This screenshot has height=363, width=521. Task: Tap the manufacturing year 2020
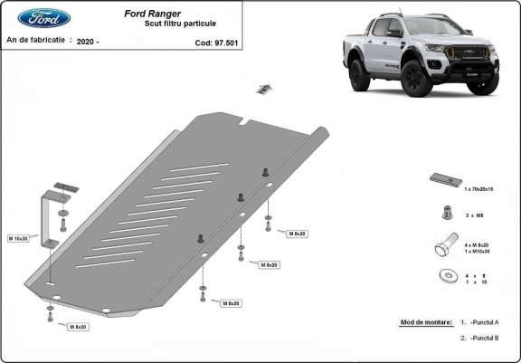[x=87, y=42]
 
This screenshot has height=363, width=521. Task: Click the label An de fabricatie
[x=37, y=41]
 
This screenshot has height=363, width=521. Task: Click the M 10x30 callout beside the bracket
[x=19, y=238]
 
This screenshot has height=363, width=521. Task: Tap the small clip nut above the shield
[x=265, y=88]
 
